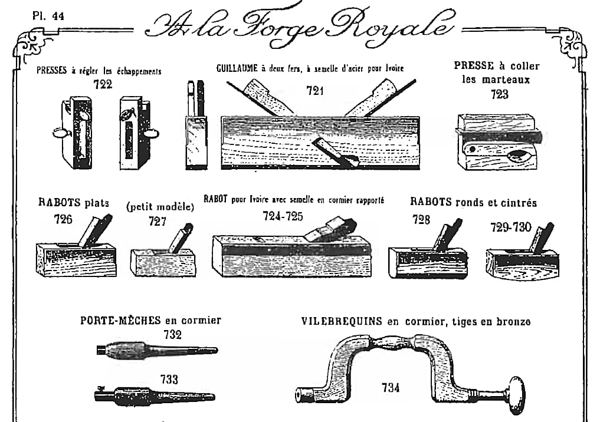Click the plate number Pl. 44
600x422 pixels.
[x=48, y=16]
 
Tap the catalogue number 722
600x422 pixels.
[x=103, y=84]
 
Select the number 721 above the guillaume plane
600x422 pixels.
[x=315, y=91]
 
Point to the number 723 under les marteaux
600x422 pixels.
[x=500, y=94]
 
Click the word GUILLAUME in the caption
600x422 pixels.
[x=237, y=68]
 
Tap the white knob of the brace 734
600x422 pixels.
[x=516, y=395]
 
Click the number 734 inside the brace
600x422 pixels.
[x=391, y=388]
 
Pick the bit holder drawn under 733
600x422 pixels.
[x=155, y=395]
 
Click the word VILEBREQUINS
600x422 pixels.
[x=342, y=321]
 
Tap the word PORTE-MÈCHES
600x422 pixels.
[x=120, y=320]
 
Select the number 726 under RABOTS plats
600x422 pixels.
[x=63, y=219]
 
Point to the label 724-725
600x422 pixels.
[x=283, y=216]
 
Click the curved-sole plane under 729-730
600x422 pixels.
[x=522, y=252]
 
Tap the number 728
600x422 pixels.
[x=421, y=219]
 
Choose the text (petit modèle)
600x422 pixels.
[x=160, y=207]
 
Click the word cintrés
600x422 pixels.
[x=518, y=202]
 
